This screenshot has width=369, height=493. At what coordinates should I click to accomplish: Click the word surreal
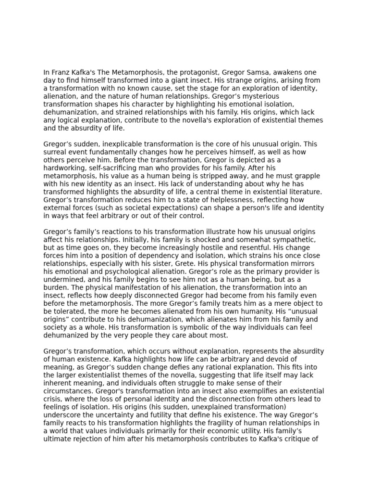56,152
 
